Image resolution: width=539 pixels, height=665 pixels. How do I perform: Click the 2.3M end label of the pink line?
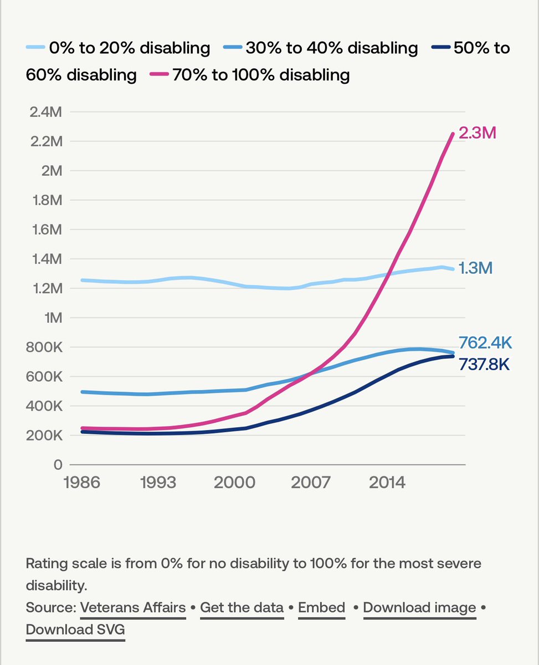click(477, 133)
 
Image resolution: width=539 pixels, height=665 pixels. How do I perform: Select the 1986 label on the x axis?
click(82, 482)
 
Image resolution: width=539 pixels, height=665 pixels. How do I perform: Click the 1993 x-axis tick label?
click(159, 482)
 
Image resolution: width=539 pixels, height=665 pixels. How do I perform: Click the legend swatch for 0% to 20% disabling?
click(36, 48)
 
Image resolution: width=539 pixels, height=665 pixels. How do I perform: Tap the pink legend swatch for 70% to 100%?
click(160, 75)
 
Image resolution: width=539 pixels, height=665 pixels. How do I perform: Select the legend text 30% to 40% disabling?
click(331, 48)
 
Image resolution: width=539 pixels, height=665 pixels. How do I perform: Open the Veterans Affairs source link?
click(133, 608)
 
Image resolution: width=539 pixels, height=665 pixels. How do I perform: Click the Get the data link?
click(242, 608)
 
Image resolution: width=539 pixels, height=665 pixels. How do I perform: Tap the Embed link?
click(321, 608)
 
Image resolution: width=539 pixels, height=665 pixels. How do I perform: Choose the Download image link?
click(419, 608)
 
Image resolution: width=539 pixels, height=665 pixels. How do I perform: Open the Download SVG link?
click(75, 630)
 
